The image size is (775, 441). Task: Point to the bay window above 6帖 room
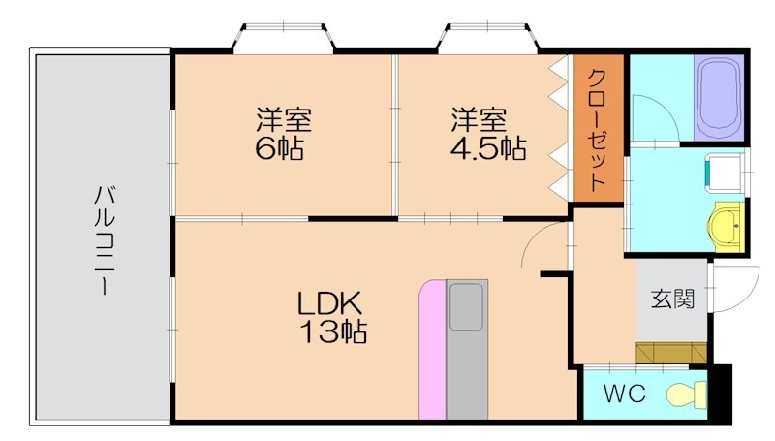285,39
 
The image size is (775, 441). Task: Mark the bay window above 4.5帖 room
488,39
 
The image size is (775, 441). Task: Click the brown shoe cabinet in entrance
671,352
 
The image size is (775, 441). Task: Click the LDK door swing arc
542,247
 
